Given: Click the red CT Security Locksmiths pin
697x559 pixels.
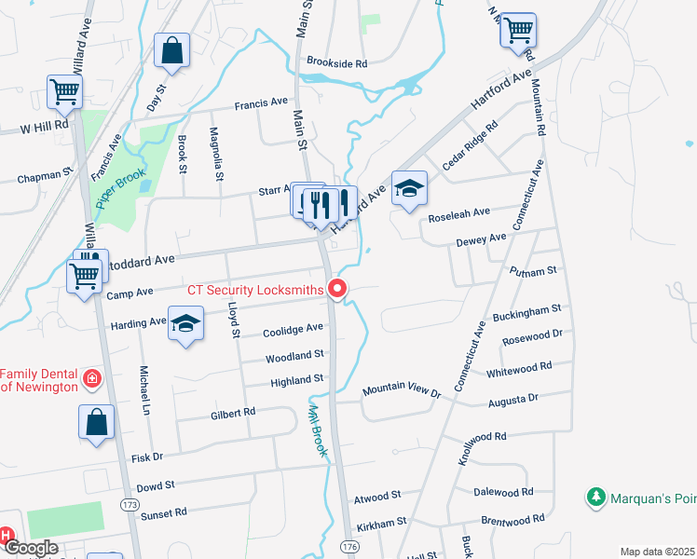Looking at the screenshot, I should tap(338, 290).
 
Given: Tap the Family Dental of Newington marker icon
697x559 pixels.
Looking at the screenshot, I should tap(92, 377).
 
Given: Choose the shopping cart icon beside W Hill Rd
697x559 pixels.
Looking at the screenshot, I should tap(65, 92).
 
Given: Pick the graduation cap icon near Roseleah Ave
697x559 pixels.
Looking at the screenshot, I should tap(409, 189).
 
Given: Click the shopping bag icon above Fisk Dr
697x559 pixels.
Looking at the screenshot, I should tap(97, 422).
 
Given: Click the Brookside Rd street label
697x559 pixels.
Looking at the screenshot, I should tap(337, 63).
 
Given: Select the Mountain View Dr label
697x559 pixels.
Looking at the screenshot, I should tap(401, 389).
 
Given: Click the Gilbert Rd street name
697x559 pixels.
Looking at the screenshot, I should tap(233, 412).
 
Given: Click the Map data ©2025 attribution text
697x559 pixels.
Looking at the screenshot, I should tap(657, 552).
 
